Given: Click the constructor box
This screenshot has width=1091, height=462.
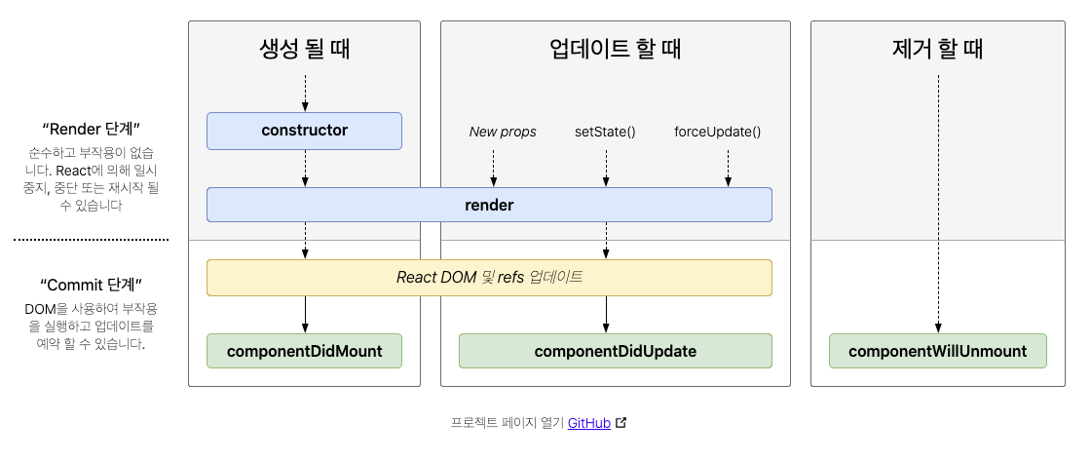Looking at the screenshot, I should tap(304, 131).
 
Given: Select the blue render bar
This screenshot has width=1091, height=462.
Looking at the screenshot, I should tap(489, 206).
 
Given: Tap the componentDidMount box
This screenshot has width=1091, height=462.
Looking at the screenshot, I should tap(304, 351).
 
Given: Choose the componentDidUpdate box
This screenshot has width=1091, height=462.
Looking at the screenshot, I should tap(615, 351).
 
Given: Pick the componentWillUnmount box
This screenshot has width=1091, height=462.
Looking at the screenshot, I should tap(937, 351).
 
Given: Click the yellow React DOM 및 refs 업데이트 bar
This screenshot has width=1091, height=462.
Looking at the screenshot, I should tap(489, 277).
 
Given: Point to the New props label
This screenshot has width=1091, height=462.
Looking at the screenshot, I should tap(503, 132).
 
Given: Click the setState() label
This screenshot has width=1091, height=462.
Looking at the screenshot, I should tap(605, 132).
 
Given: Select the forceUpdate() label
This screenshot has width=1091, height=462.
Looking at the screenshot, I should tap(717, 132).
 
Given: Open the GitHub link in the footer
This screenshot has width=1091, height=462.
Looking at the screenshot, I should tap(588, 423).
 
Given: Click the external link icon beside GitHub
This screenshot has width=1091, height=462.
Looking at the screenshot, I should tap(621, 423).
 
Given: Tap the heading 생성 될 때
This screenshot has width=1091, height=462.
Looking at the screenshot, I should tap(304, 49).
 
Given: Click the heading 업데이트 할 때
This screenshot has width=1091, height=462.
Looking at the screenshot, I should tap(615, 49).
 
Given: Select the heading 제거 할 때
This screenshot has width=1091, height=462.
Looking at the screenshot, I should tap(937, 49).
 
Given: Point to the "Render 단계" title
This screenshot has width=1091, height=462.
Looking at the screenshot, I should tap(92, 129).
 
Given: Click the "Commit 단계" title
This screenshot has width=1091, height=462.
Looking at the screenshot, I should tap(92, 285).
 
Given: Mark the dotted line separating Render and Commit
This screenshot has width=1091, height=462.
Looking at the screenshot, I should tap(92, 239).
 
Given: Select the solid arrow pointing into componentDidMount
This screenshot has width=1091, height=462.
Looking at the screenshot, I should tap(305, 315).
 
